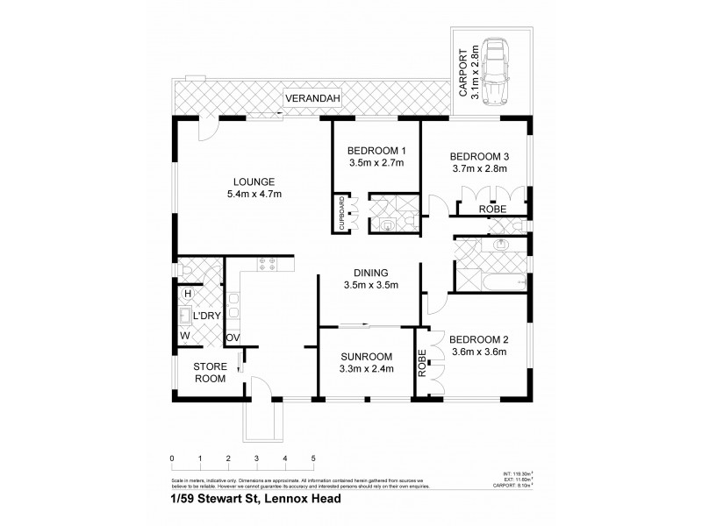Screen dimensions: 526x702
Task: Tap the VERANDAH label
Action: pyautogui.click(x=312, y=97)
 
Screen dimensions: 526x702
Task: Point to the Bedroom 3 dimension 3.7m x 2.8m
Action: pyautogui.click(x=479, y=169)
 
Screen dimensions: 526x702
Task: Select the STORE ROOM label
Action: pyautogui.click(x=210, y=373)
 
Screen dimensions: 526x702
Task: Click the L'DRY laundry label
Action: pyautogui.click(x=206, y=316)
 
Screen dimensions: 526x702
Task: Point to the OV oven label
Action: pyautogui.click(x=233, y=338)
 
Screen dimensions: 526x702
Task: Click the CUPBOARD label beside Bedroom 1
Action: pyautogui.click(x=340, y=215)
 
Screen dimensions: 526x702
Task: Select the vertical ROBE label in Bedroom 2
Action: pyautogui.click(x=422, y=363)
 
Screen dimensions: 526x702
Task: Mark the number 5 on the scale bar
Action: pyautogui.click(x=313, y=458)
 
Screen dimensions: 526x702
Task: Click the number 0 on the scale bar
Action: pyautogui.click(x=172, y=458)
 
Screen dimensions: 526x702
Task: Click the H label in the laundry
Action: pyautogui.click(x=187, y=293)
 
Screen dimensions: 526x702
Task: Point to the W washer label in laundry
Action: pyautogui.click(x=185, y=334)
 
